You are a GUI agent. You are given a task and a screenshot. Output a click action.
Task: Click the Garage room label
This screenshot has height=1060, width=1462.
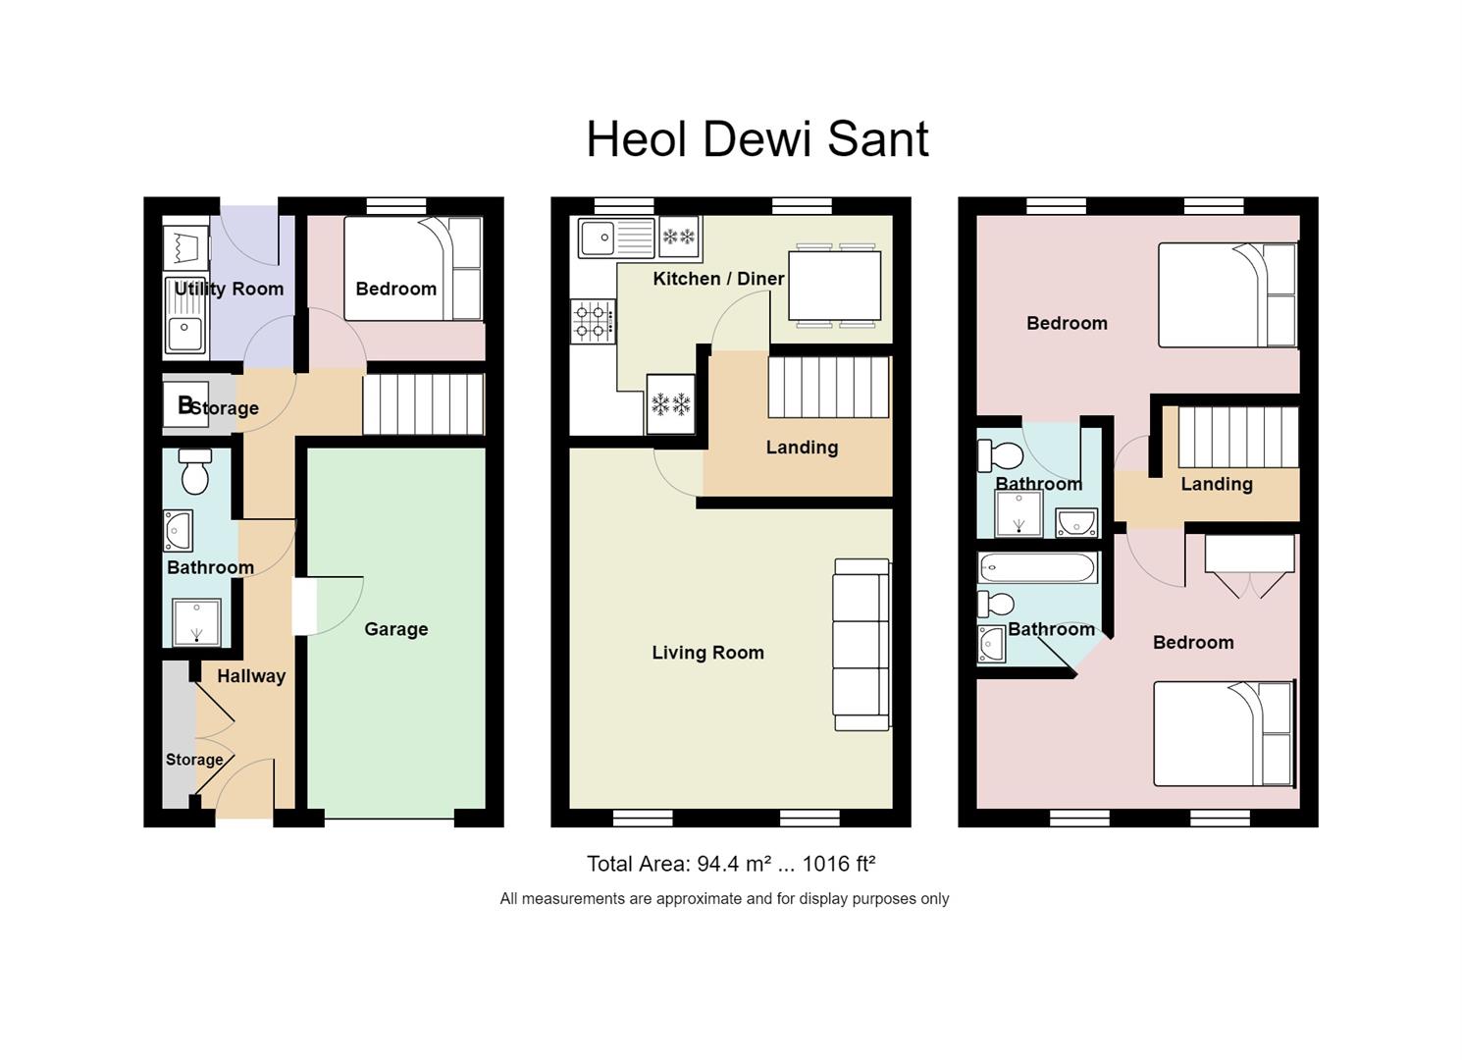point(396,629)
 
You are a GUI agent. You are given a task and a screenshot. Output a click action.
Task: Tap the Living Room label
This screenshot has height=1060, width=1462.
point(708,653)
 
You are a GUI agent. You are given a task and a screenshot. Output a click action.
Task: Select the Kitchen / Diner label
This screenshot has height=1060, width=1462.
point(718,279)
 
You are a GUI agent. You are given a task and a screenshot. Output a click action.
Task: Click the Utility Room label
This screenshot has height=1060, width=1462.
point(229,290)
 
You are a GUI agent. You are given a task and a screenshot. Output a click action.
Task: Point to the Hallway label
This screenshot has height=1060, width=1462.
point(251,676)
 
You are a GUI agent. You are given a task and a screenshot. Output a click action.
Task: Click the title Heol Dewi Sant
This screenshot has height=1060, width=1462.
point(757,139)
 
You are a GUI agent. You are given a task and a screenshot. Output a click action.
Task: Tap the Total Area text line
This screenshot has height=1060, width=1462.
point(731,864)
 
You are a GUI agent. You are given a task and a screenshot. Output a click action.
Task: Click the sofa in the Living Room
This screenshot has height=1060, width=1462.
point(862,644)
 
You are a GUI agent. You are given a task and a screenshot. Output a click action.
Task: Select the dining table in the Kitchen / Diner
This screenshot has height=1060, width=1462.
point(834,286)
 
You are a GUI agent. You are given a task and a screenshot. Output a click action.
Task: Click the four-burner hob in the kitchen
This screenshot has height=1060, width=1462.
point(594,321)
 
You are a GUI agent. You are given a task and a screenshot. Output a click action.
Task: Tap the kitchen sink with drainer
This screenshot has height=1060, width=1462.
point(616,238)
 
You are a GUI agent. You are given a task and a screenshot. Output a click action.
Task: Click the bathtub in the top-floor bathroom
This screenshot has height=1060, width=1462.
point(1037,568)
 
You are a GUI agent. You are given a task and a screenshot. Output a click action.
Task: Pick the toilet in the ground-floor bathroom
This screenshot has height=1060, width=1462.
point(195,470)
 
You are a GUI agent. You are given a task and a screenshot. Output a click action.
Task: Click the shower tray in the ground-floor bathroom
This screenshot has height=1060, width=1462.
point(196,622)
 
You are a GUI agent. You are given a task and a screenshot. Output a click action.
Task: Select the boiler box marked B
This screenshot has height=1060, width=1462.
point(185,404)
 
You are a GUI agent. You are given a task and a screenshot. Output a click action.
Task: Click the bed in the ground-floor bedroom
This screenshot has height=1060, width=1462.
point(413,268)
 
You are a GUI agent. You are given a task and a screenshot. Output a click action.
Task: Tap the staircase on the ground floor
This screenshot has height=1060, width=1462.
point(424,404)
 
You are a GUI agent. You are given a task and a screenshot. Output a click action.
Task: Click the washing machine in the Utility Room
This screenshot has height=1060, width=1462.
point(185,248)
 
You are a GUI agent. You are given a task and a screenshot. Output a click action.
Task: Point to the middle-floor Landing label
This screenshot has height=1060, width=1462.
point(803,448)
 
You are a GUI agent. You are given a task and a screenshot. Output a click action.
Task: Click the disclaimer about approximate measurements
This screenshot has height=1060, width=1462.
point(724,899)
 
